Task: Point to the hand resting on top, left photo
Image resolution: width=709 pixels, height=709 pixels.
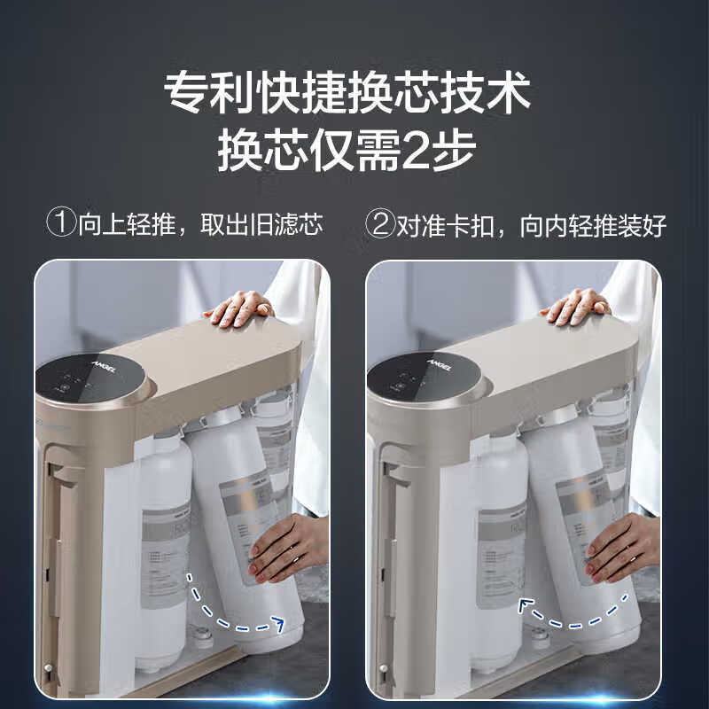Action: point(239,307)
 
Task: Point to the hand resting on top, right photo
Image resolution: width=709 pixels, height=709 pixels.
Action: point(576,307)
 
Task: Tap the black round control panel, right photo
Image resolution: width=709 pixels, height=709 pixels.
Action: point(417,378)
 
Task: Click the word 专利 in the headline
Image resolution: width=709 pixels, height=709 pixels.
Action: point(201,91)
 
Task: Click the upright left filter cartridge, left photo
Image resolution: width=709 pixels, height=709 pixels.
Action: point(164,532)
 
